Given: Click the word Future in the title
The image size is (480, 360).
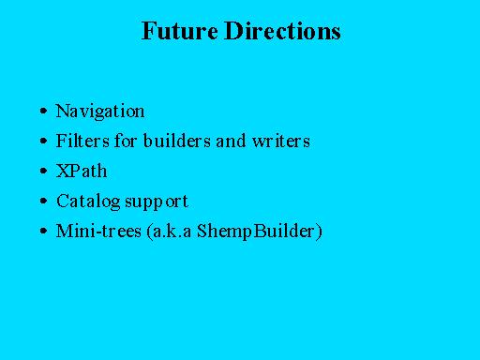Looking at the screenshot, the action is point(180,31).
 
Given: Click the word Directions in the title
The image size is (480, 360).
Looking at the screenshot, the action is point(282,31).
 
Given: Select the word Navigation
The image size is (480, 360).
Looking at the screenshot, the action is point(100,112).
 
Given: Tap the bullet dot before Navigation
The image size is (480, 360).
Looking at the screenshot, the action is point(44,111).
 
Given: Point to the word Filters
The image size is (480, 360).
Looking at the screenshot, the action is point(82,141).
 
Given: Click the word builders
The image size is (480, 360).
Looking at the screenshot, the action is point(177,141).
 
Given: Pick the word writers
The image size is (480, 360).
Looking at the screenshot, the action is point(281,141).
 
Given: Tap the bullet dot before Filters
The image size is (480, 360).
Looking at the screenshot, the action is point(44,141).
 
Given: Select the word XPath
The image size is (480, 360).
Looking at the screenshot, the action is point(82,171).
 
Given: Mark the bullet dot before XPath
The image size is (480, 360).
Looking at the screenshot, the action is point(44,171).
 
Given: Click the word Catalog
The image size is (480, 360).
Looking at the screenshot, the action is point(88,202).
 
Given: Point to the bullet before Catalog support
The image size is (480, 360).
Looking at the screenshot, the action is point(44,201).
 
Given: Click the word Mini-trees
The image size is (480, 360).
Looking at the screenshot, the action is point(98,231).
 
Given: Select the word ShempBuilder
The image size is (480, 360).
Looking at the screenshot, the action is point(256,232).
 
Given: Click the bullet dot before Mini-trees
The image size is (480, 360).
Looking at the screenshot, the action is point(44,231).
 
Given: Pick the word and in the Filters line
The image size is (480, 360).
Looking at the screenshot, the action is point(231,141).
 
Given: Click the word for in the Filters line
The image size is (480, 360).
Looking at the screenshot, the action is point(126,141).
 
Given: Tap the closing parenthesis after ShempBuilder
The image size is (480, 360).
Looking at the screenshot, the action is point(319,232).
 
